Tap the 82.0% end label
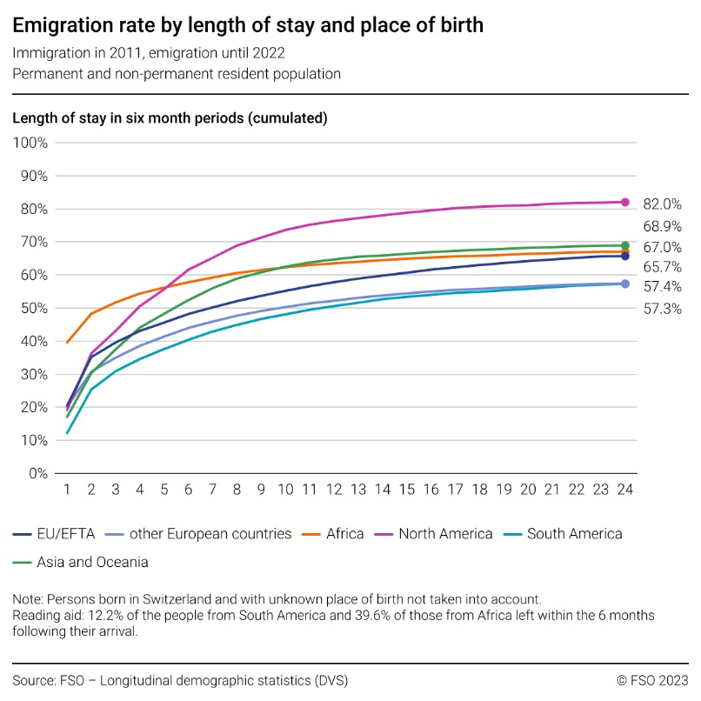point(662,204)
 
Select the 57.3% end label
point(662,309)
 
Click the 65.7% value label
point(662,267)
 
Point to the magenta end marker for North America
point(624,202)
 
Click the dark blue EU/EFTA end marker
point(624,256)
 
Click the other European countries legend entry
point(197,533)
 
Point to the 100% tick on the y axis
point(30,143)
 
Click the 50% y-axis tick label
point(33,308)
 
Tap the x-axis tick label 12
point(334,490)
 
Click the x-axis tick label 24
point(624,490)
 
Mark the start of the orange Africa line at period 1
point(68,342)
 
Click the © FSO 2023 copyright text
point(652,679)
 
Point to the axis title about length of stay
point(170,117)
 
